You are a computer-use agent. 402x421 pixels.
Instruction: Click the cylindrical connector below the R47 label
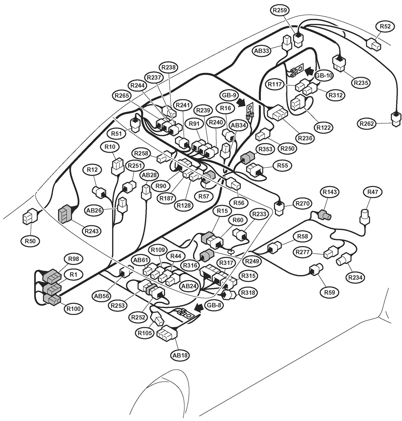coord(364,217)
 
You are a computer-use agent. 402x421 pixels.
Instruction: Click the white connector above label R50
coord(29,217)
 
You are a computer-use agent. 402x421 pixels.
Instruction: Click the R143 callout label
coord(330,192)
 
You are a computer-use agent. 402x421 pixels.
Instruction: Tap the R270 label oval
coord(302,204)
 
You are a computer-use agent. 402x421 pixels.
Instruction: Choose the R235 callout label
coord(361,83)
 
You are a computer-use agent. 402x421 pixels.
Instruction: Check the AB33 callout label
coord(262,51)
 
